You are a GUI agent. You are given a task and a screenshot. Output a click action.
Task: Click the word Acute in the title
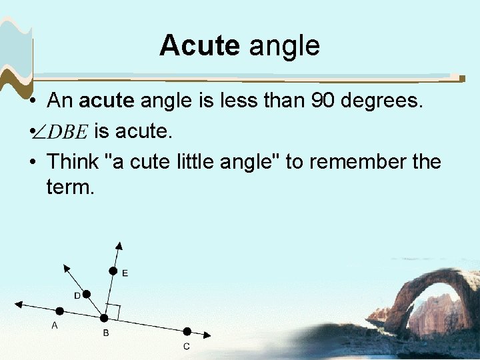pos(199,46)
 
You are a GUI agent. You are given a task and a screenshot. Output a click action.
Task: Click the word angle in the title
pos(284,47)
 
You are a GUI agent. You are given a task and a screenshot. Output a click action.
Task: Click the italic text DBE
pos(67,132)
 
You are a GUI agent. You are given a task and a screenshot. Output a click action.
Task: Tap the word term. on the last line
pos(71,187)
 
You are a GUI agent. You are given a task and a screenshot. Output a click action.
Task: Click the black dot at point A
pos(59,311)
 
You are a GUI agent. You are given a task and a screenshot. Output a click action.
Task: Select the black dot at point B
pos(103,319)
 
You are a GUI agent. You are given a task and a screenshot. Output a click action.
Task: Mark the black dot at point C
pos(187,331)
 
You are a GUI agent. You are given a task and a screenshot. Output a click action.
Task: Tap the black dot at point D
pos(86,294)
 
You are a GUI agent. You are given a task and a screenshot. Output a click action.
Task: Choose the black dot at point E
pos(113,271)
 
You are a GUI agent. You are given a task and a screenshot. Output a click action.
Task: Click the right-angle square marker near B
pos(112,311)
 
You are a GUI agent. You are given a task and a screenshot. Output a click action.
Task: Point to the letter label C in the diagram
pos(187,346)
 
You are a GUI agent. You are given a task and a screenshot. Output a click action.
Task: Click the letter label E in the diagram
pos(125,273)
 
